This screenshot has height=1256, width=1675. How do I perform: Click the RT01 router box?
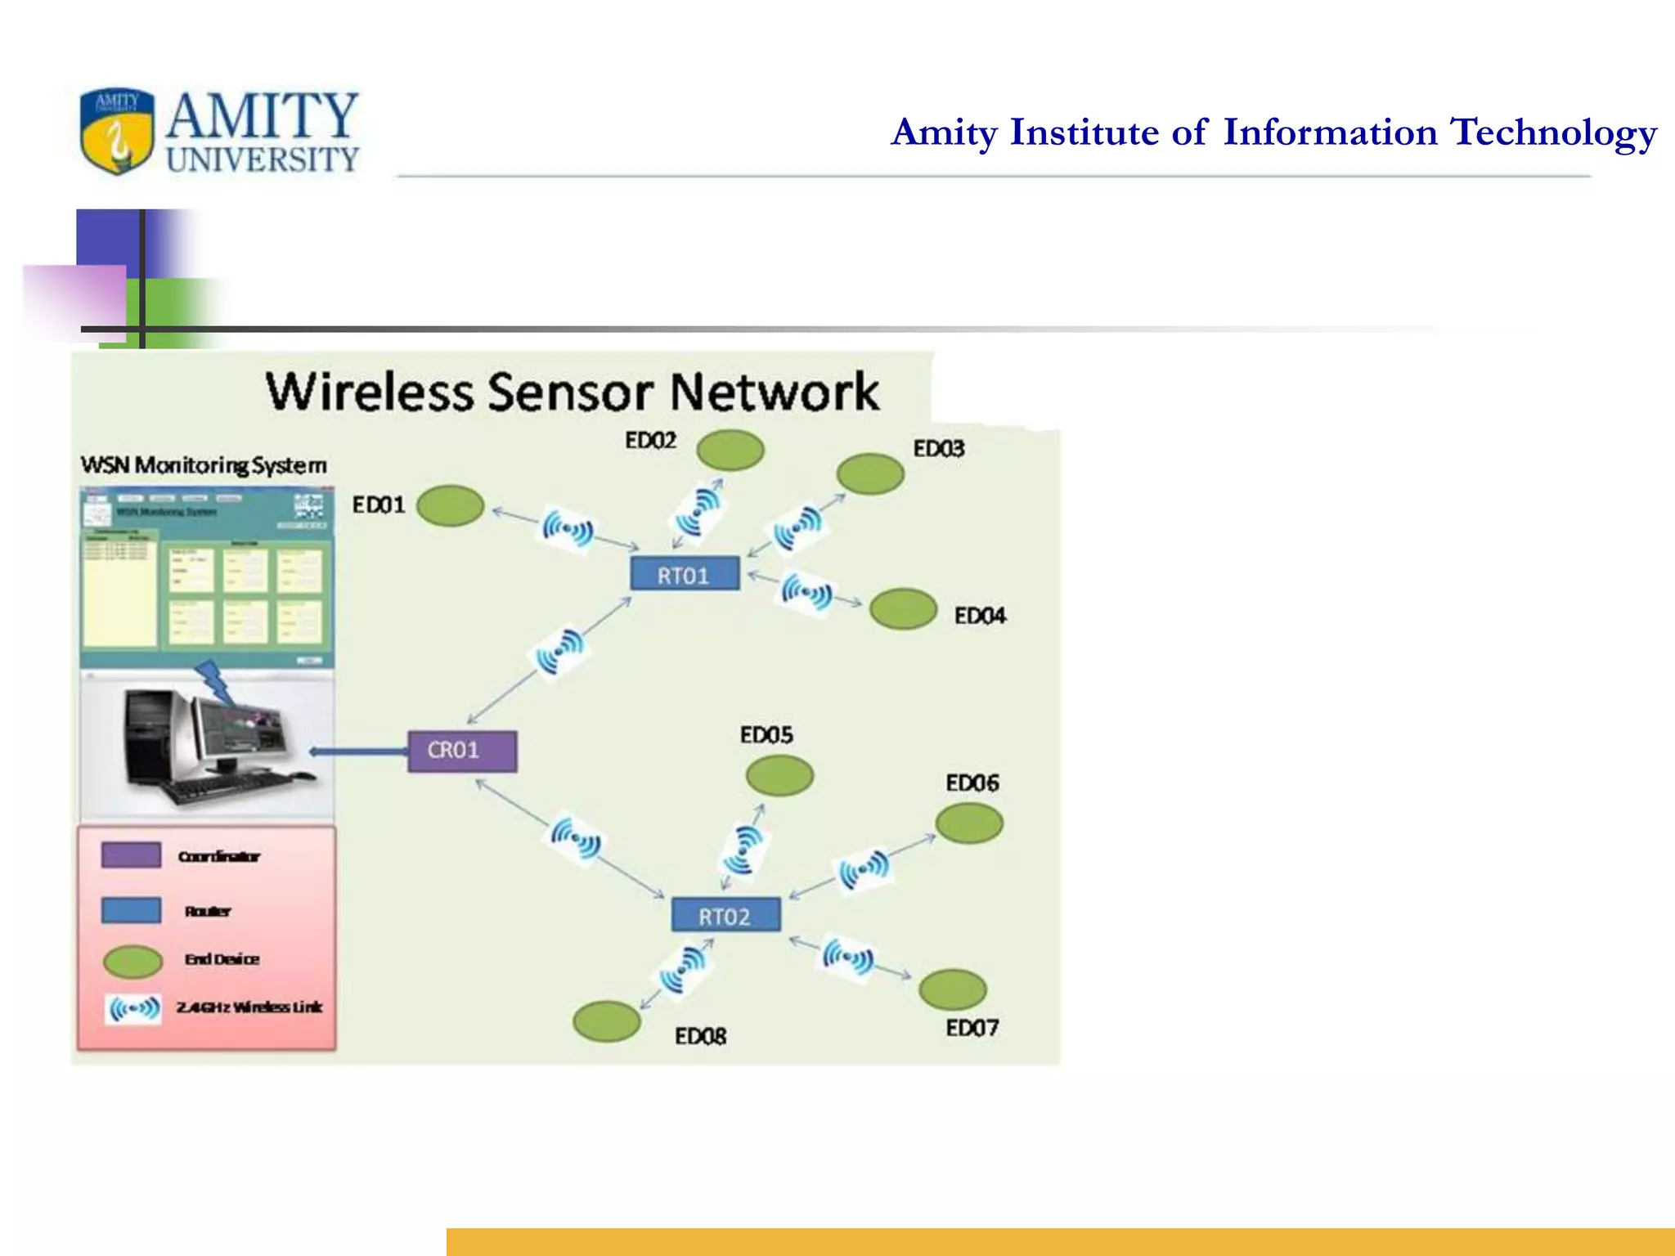tap(685, 574)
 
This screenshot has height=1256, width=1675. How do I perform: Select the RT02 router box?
tap(725, 915)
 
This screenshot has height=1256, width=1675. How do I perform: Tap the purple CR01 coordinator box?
tap(462, 751)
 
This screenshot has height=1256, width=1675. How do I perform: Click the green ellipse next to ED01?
tap(450, 505)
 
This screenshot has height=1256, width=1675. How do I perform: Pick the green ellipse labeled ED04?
tap(903, 609)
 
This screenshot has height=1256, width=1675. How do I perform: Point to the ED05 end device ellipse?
tap(779, 775)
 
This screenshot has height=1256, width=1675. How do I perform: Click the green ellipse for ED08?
tap(606, 1021)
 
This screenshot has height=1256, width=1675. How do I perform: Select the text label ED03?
tap(938, 449)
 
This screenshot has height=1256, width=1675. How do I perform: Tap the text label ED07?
tap(972, 1028)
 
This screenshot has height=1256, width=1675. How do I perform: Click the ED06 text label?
tap(972, 783)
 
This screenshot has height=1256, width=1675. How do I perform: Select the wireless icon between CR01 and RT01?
tap(560, 651)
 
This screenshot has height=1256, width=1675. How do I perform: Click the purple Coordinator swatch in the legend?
tap(131, 855)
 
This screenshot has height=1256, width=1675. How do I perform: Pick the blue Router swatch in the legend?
tap(131, 910)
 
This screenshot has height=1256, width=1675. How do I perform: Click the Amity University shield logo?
tap(117, 131)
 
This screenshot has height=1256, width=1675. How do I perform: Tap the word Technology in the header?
tap(1552, 132)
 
